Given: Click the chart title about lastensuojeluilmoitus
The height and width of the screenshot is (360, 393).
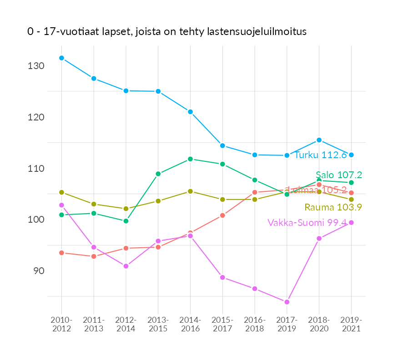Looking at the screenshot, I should (x=166, y=32).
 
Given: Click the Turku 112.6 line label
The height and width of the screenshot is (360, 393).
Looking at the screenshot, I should (x=321, y=155).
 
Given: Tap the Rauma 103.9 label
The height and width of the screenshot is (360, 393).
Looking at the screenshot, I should (x=333, y=207).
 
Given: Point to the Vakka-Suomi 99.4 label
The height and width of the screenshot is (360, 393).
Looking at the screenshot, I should (x=307, y=222).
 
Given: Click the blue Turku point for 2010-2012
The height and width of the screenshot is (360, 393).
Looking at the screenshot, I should (x=61, y=58).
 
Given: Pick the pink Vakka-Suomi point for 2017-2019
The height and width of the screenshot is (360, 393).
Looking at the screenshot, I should (x=287, y=302).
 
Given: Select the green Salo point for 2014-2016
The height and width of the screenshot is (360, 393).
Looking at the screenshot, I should (x=190, y=159).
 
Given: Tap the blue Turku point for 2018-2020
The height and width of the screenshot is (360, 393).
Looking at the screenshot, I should (x=319, y=140).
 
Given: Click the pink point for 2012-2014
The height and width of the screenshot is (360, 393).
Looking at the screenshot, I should (x=126, y=266).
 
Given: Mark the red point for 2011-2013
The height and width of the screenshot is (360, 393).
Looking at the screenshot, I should (x=94, y=256).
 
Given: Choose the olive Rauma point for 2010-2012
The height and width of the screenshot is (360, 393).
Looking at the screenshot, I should (x=61, y=192).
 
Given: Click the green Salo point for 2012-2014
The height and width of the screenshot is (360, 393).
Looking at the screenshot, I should (x=126, y=221).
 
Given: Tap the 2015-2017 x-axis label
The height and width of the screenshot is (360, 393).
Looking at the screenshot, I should (x=222, y=325).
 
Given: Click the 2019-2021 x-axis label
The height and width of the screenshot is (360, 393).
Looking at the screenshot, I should (x=351, y=325).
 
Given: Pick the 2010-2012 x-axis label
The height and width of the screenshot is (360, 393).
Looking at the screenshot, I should (x=61, y=325).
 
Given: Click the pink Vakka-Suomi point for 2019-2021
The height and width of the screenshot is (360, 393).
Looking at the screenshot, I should (x=351, y=222).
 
